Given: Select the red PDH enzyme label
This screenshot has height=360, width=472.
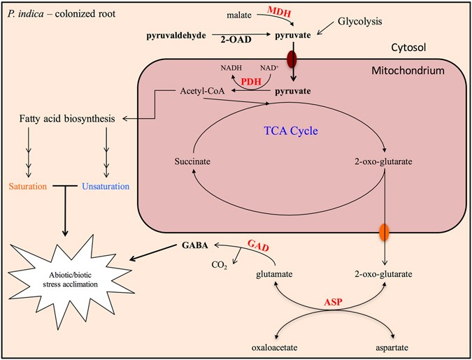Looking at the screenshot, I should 251,82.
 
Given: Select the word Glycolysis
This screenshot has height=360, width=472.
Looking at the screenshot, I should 359,22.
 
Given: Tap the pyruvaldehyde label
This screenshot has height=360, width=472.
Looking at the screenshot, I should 176,34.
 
